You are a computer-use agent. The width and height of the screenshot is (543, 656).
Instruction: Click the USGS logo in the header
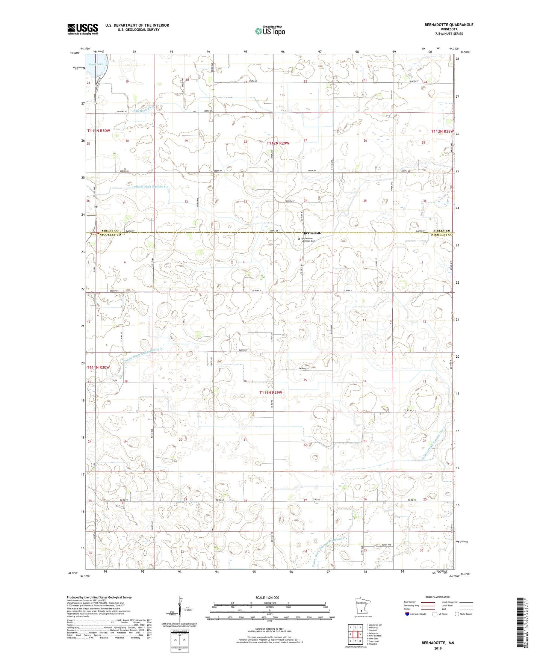point(83,29)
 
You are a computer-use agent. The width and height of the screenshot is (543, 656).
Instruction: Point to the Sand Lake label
point(96,64)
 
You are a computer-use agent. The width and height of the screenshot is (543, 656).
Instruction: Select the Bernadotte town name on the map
point(313,233)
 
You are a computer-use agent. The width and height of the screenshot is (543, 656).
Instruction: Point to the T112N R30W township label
point(98,131)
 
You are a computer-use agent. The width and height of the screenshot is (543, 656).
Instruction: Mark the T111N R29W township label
point(270,393)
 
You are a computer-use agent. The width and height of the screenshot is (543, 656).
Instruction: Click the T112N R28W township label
point(443,131)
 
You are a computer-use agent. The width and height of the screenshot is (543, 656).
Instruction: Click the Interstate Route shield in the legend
point(407,624)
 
